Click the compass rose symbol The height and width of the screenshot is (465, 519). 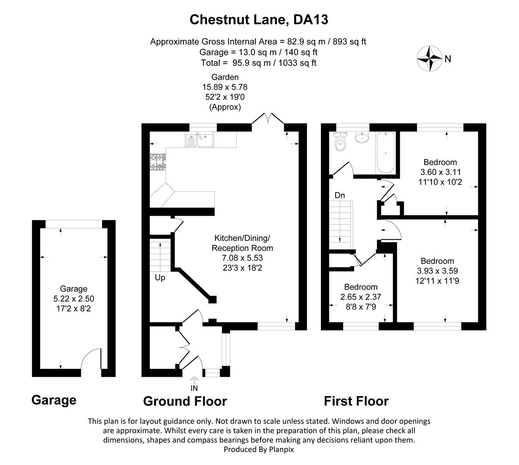(x=429, y=59)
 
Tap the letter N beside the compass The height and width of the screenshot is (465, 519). (x=448, y=59)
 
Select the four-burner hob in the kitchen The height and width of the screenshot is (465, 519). (x=158, y=162)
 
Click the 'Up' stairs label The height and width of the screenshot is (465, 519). (x=160, y=278)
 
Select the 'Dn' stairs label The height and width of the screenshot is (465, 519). (x=340, y=195)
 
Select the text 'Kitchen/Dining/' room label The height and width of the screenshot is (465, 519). (x=242, y=238)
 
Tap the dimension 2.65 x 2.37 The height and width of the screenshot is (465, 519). (x=361, y=297)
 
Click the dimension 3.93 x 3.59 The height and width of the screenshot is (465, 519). (x=437, y=271)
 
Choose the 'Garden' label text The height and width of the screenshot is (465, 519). (x=225, y=77)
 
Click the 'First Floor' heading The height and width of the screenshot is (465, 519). (x=356, y=401)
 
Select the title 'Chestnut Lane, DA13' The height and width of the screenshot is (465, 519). (x=259, y=19)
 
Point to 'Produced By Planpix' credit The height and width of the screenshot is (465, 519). (x=259, y=449)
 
